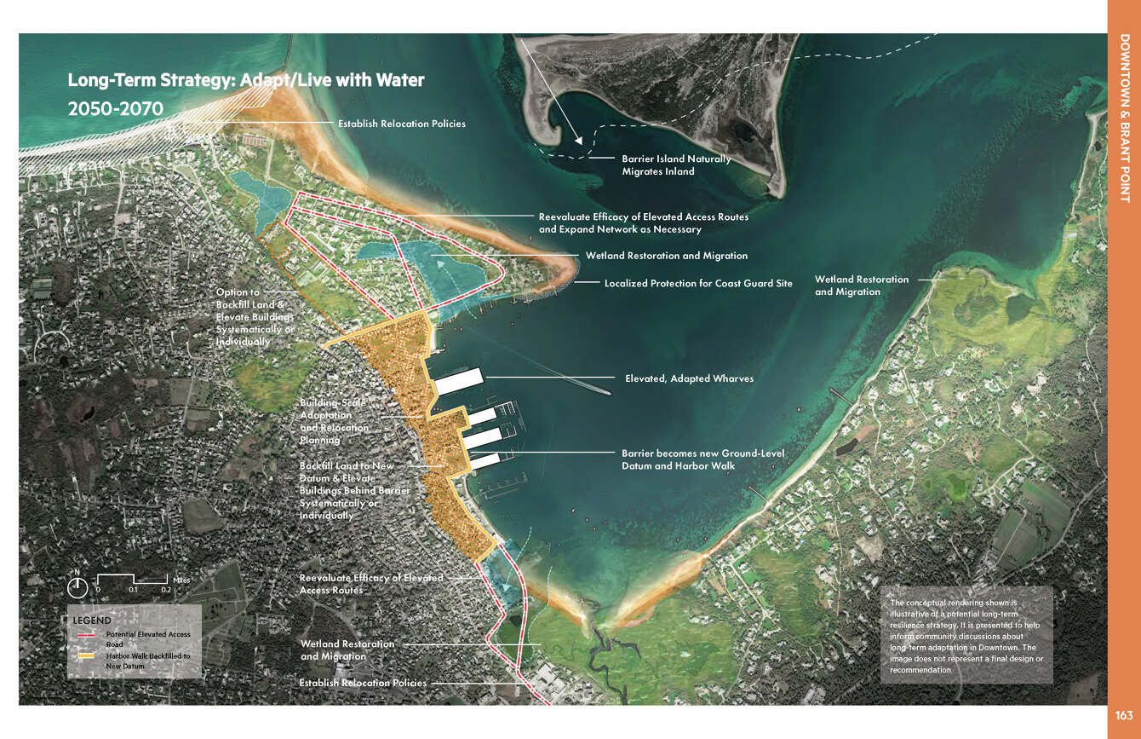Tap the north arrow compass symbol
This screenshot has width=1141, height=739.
click(77, 586)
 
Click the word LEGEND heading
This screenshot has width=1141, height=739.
click(92, 620)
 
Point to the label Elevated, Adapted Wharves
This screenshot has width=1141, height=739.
click(689, 378)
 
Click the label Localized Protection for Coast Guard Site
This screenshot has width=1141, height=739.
click(698, 283)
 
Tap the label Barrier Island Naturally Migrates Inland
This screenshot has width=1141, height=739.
click(676, 165)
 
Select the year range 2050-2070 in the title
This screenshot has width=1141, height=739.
click(116, 109)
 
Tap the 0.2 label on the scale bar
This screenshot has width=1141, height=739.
click(166, 590)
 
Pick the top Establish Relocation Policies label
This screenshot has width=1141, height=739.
click(402, 124)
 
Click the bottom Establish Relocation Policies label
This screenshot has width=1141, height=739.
click(363, 683)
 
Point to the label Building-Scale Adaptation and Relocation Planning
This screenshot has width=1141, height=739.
click(334, 421)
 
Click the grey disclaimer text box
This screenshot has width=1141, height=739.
click(966, 635)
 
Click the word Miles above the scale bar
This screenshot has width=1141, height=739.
click(182, 580)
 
